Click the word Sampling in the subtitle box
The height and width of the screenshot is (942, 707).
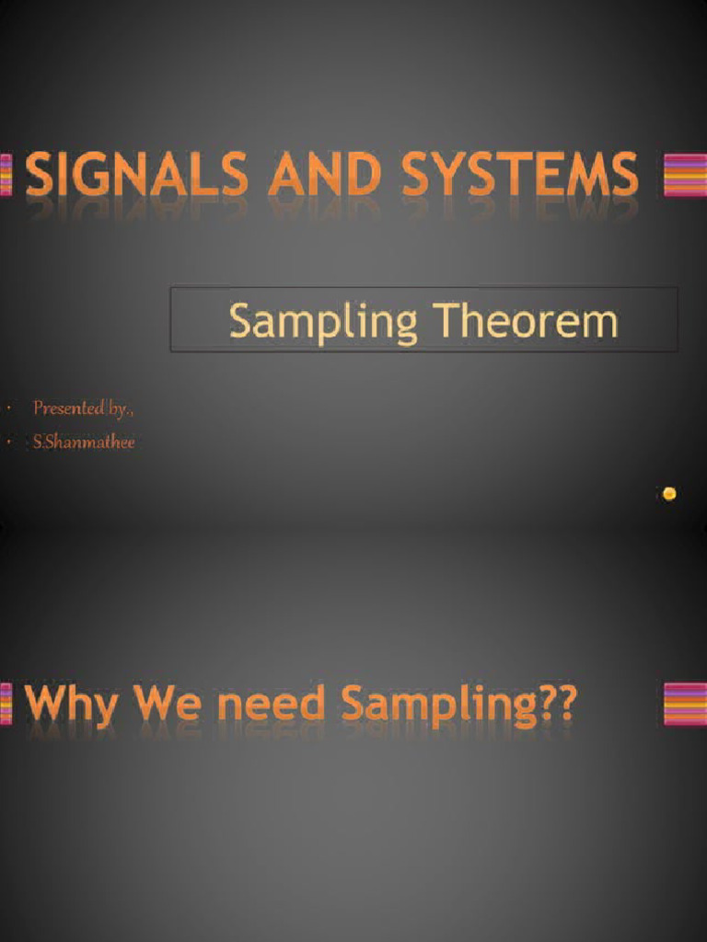click(322, 323)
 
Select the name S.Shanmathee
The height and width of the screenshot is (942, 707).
click(84, 442)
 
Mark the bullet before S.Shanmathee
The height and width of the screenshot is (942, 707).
click(8, 443)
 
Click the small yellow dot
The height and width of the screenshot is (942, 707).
click(669, 494)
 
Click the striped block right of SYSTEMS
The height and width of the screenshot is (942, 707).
click(685, 175)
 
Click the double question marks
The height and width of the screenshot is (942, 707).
click(553, 705)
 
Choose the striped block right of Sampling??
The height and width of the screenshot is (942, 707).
click(685, 705)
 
